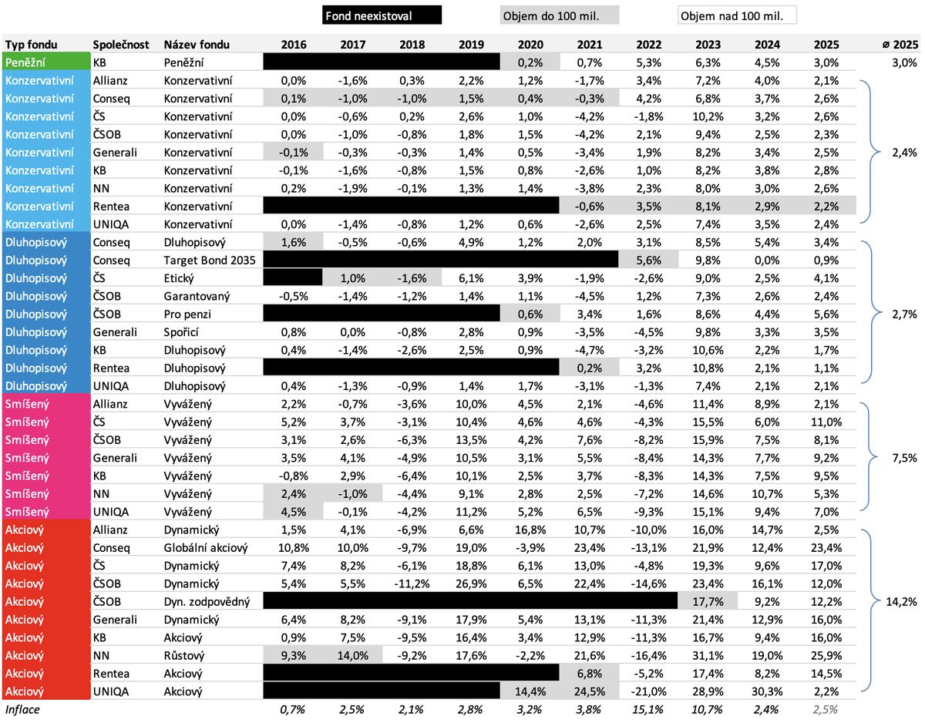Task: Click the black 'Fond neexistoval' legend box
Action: (x=381, y=15)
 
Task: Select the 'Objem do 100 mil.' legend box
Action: (x=559, y=15)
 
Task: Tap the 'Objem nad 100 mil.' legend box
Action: (x=736, y=15)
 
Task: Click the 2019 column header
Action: (x=471, y=45)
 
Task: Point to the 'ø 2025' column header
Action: (x=900, y=45)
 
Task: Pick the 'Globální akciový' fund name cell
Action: (x=205, y=548)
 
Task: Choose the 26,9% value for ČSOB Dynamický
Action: (x=471, y=583)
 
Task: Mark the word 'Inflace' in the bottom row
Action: (x=23, y=708)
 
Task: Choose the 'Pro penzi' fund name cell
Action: (x=187, y=314)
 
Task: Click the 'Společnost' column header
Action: (x=120, y=45)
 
